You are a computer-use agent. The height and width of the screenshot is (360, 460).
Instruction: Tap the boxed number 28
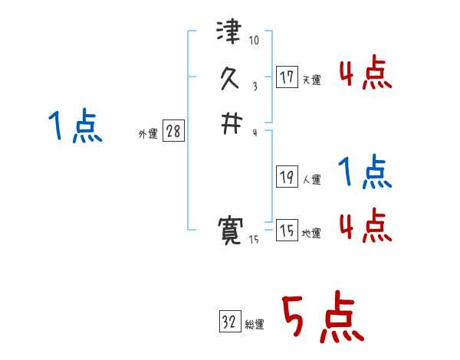[173, 132]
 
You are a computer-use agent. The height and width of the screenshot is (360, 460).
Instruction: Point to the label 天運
[311, 80]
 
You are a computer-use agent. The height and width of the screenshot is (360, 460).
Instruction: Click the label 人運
[311, 180]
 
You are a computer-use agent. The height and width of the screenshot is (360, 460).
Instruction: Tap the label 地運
[311, 234]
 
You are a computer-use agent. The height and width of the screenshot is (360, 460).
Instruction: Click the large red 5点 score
[321, 318]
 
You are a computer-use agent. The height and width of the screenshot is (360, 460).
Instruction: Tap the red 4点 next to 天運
[365, 75]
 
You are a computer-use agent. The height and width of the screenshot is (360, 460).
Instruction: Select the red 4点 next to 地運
[365, 225]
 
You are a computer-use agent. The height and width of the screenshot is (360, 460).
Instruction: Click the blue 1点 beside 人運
[365, 172]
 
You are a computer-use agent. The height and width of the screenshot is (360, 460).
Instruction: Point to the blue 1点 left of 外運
[74, 126]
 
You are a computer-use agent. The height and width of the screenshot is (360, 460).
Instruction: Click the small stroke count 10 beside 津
[255, 41]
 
